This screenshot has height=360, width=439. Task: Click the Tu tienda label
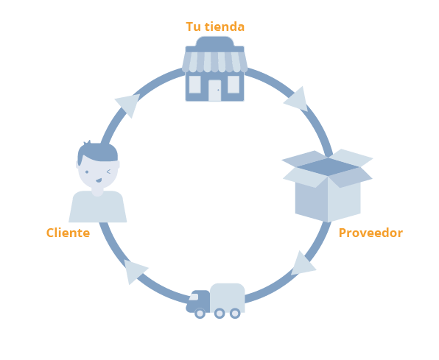[x=215, y=27]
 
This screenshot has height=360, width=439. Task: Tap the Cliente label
[x=68, y=233]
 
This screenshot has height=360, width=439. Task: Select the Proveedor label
[x=370, y=233]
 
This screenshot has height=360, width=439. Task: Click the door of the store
[x=215, y=91]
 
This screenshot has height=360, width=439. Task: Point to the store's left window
[x=195, y=85]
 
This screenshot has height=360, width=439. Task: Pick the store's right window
[x=233, y=85]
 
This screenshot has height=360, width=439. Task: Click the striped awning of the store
[x=215, y=62]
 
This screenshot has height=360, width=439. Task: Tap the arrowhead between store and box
[x=298, y=99]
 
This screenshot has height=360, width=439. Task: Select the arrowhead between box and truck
[x=303, y=264]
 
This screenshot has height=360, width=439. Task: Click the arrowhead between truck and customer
[x=134, y=271]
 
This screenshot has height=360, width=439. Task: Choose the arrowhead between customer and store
[x=129, y=105]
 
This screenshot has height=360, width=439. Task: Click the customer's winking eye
[x=108, y=172]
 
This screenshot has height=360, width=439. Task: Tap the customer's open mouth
[x=99, y=180]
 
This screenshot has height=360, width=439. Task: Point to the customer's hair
[x=97, y=152]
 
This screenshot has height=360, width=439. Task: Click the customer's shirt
[x=98, y=207]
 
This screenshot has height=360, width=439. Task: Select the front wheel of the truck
[x=200, y=313]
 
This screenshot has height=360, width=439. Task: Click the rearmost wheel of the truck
[x=235, y=313]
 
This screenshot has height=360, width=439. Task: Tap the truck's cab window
[x=194, y=297]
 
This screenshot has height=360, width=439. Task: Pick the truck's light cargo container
[x=228, y=297]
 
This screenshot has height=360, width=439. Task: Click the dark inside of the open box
[x=328, y=167]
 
